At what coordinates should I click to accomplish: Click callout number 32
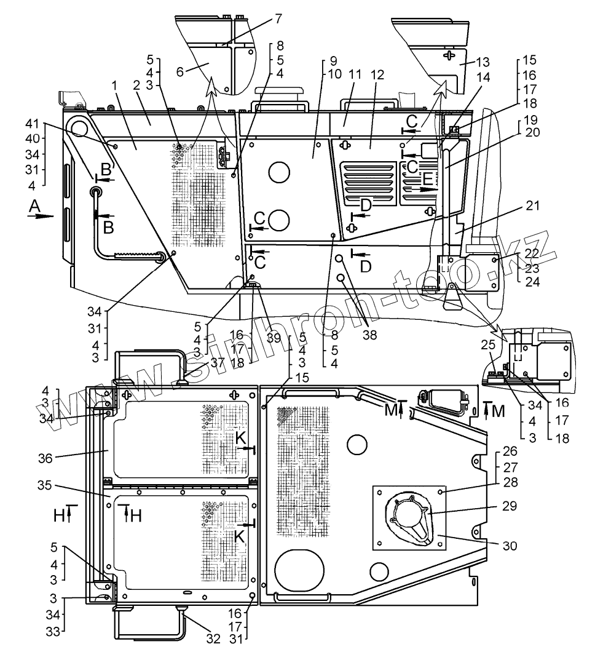(212, 639)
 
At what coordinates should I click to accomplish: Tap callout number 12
(377, 74)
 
